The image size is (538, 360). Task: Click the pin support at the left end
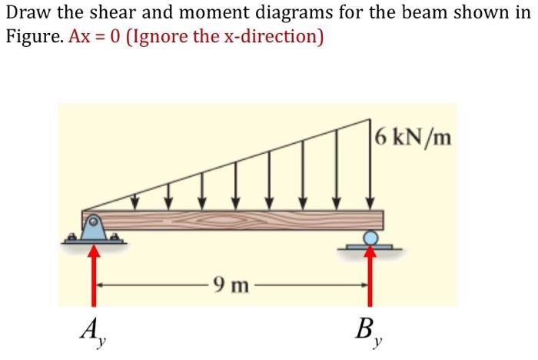93,229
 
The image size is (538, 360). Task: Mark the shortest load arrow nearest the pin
135,200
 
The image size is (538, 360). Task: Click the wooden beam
231,219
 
